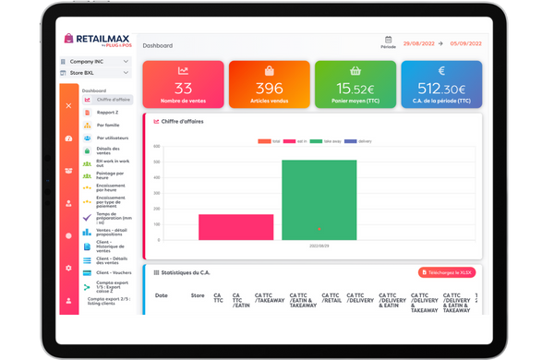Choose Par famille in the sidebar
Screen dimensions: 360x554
108,125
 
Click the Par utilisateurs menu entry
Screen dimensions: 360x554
112,138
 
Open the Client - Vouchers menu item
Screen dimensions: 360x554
113,274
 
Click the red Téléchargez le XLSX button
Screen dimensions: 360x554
447,273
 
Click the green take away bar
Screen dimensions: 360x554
319,199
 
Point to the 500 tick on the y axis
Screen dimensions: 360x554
158,162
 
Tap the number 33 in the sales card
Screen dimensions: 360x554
184,89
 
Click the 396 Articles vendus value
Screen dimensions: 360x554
268,89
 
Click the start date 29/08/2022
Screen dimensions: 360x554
420,43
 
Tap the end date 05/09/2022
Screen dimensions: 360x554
466,43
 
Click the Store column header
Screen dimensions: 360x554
197,295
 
